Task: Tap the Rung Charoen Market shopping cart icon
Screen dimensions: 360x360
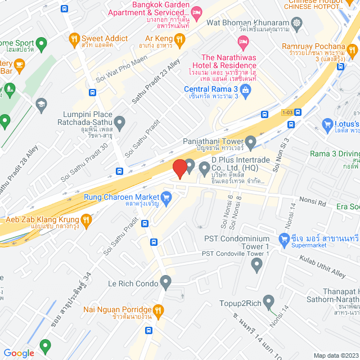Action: tap(166, 197)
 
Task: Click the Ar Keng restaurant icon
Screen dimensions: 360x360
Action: tap(179, 39)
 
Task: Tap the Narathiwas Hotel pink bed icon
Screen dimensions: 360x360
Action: tap(243, 41)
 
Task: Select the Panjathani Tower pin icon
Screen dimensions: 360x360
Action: tap(251, 141)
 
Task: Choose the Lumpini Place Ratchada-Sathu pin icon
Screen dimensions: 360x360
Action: tap(119, 121)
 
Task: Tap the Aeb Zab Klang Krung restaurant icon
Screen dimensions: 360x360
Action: tap(85, 221)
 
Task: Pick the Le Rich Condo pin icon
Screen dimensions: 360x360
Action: tap(165, 281)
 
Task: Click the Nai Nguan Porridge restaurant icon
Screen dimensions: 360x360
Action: tap(159, 309)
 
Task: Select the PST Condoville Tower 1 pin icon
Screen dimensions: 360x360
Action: tap(258, 265)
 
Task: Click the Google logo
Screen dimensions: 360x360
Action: tap(19, 353)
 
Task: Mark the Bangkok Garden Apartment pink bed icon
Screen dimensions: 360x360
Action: tap(196, 12)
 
